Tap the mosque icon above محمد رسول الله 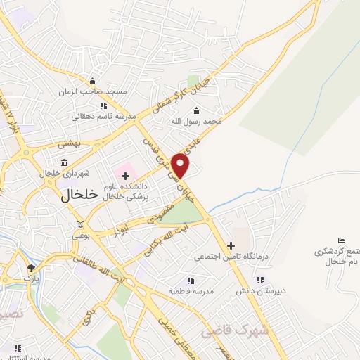click(195, 110)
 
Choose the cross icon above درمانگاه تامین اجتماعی click(230, 245)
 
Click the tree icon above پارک click(30, 268)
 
